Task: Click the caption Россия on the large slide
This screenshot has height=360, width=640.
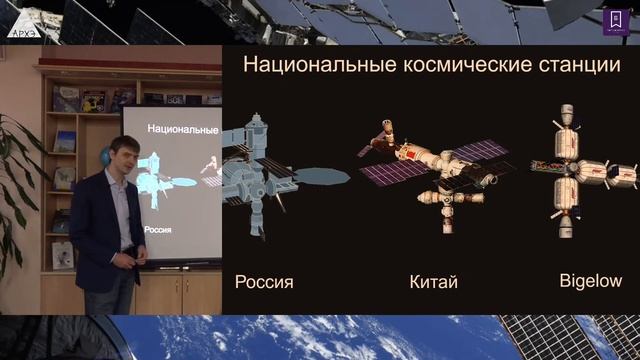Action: tap(264, 281)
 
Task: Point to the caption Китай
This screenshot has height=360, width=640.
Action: tap(433, 281)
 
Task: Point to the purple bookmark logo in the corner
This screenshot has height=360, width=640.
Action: tap(610, 20)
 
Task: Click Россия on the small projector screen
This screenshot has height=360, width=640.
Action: tap(162, 228)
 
